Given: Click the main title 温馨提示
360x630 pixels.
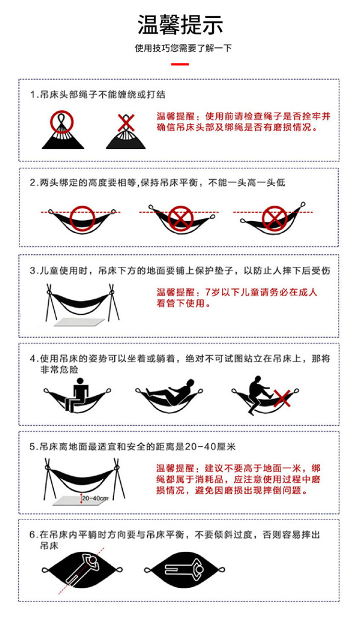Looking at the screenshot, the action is pos(180,25).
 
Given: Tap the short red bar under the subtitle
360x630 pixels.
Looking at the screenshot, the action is pos(180,64).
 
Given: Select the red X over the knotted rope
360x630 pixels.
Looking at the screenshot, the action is pos(126,123).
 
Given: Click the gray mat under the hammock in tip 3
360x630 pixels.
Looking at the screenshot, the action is pos(79,322).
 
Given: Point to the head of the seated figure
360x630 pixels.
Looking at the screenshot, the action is pos(80,381).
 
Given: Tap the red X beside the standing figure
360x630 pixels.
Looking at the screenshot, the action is pos(282,398).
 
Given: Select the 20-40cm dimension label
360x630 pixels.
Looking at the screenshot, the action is pos(95,499).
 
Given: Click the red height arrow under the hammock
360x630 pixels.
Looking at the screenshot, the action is pos(81,498).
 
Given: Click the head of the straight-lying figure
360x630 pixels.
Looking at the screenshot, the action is pos(200,570).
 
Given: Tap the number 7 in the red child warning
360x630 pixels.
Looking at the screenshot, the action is pos(208,292).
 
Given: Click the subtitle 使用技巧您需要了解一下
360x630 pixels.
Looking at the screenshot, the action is pos(183,48).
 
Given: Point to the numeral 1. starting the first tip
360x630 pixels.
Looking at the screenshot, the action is pos(34,95).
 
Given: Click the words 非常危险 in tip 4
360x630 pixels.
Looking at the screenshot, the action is pos(59,369).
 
